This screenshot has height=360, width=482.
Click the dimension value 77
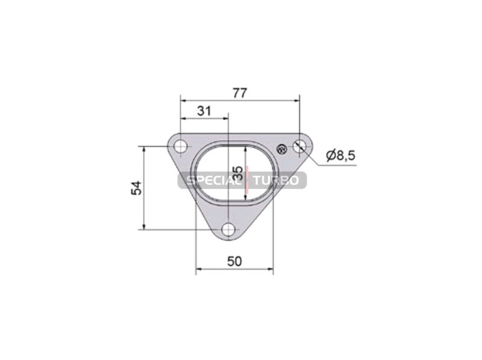tap(239, 93)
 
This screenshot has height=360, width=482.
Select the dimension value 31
tap(204, 111)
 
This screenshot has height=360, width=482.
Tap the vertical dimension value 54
tap(137, 188)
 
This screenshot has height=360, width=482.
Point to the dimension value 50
tap(234, 261)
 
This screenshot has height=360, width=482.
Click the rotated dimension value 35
tap(238, 173)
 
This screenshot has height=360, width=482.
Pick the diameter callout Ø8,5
tap(340, 155)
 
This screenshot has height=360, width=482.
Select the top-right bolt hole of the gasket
tap(299, 146)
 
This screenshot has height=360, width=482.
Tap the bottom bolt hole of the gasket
tap(229, 229)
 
